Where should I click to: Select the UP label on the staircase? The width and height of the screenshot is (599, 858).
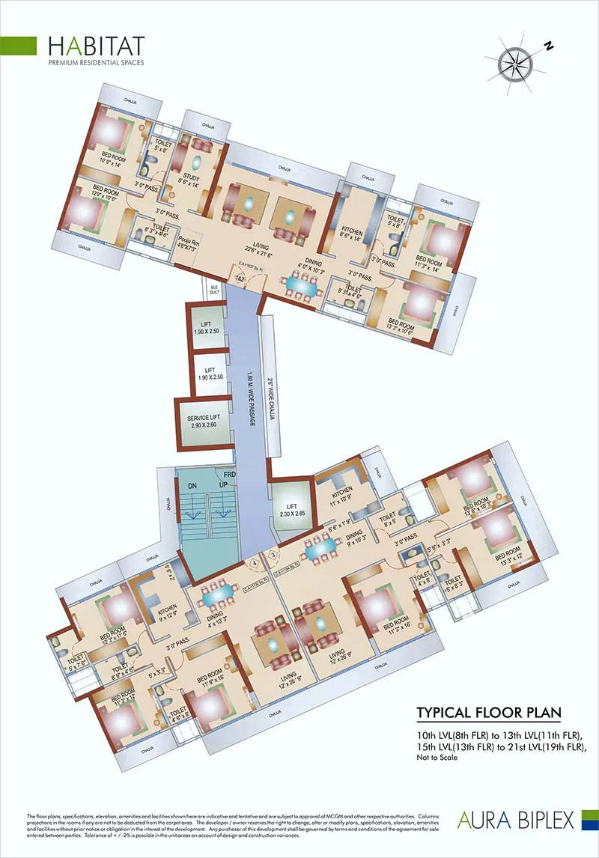pyautogui.click(x=222, y=485)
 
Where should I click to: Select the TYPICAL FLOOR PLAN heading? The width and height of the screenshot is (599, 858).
pyautogui.click(x=488, y=711)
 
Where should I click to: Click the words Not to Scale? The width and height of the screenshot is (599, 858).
pyautogui.click(x=437, y=758)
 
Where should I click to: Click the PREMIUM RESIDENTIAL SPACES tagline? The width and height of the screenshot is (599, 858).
pyautogui.click(x=96, y=63)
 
